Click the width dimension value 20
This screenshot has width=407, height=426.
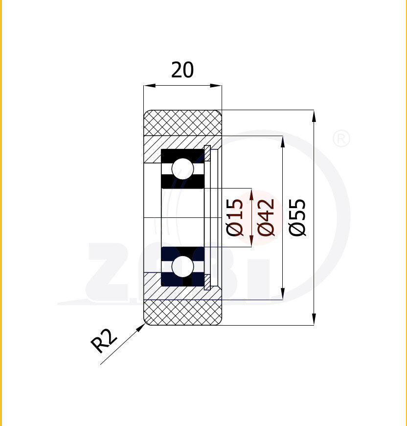click(x=182, y=70)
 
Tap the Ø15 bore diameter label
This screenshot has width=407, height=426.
click(x=235, y=217)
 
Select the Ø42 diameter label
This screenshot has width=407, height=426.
click(x=266, y=217)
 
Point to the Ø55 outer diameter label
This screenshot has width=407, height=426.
click(x=297, y=217)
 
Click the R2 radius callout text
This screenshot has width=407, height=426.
click(x=104, y=341)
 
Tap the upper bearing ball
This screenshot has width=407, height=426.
click(x=183, y=169)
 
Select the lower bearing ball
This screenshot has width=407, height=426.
click(x=183, y=266)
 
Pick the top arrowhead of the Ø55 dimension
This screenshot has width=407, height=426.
click(x=314, y=116)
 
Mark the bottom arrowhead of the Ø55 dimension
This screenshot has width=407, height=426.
click(x=314, y=319)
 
